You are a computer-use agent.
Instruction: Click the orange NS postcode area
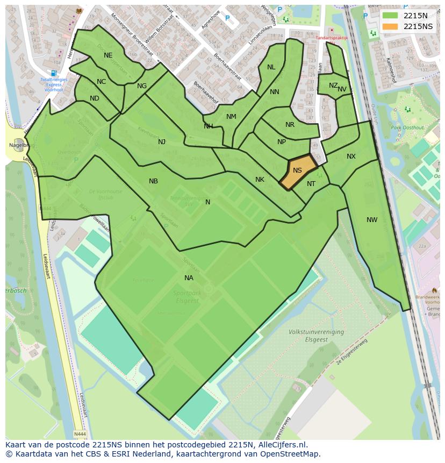pos(297,172)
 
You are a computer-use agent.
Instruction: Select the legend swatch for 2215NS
pos(391,26)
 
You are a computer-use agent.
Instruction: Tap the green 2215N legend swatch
pos(391,16)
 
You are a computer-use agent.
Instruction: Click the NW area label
pos(372,219)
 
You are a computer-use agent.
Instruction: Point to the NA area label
pos(189,277)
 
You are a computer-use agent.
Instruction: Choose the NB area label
pos(153,181)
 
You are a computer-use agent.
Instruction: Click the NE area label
pos(108,55)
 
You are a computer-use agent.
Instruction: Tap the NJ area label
pos(162,142)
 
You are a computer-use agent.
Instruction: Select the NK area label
pos(260,180)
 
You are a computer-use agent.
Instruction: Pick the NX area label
pos(351,156)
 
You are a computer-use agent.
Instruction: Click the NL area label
pos(271,67)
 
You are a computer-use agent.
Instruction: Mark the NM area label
pos(231,117)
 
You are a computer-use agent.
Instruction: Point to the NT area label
pos(311,184)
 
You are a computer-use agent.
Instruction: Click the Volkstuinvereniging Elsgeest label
pos(316,336)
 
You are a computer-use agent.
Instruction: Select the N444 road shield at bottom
pos(80,434)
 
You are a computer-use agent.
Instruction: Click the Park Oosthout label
pos(404,127)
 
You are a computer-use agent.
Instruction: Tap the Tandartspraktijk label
pos(332,38)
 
